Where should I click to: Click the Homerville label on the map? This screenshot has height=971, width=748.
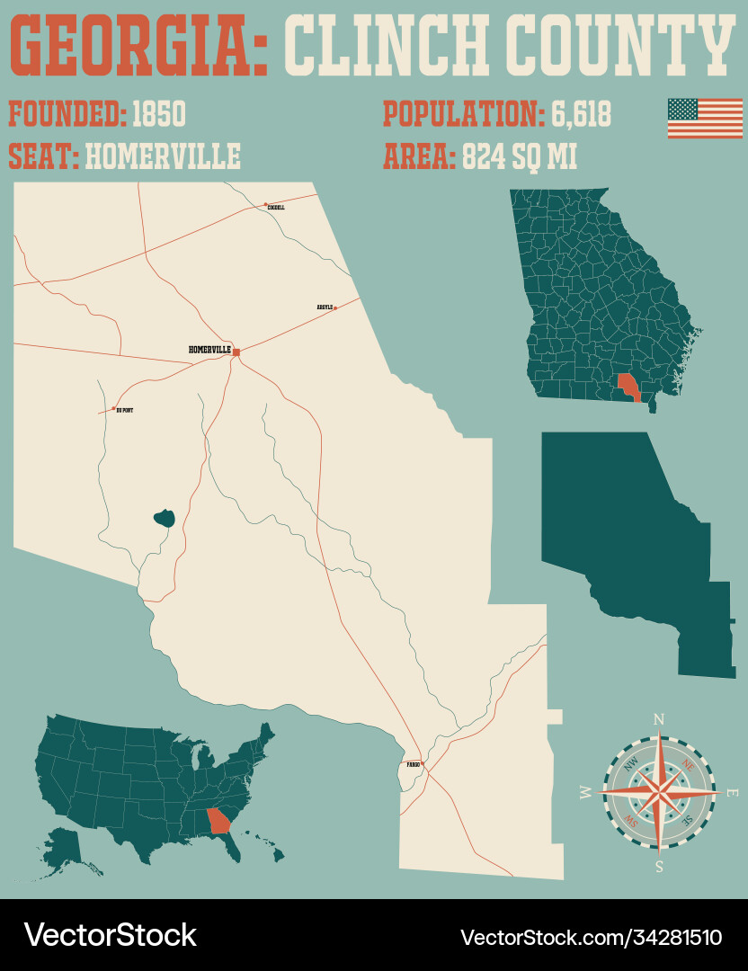[209, 349]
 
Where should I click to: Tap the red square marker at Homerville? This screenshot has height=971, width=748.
[236, 352]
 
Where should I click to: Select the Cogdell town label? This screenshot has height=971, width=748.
[277, 208]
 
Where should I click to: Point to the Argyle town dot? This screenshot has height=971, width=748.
[335, 307]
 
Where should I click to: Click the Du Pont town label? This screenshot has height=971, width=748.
[125, 410]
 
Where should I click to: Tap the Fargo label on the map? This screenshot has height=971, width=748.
[413, 764]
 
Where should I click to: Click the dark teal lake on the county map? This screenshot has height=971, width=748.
[164, 518]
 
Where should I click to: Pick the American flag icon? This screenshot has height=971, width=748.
[704, 118]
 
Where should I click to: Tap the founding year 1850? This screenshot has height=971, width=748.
[158, 115]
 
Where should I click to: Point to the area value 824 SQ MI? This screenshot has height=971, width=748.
[520, 156]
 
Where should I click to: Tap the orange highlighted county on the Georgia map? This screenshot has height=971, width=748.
[628, 387]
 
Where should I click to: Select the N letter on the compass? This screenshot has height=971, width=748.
[658, 718]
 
